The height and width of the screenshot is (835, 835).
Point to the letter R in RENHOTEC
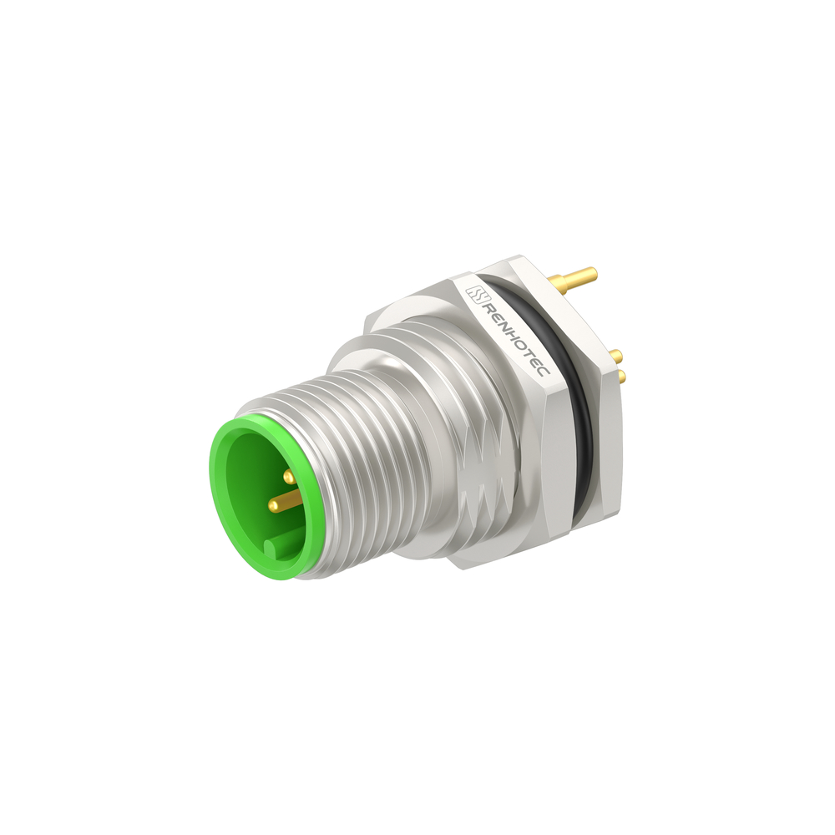point(486,307)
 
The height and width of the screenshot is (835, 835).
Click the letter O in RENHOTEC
point(519,345)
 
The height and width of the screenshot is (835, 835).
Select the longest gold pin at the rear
point(575,277)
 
